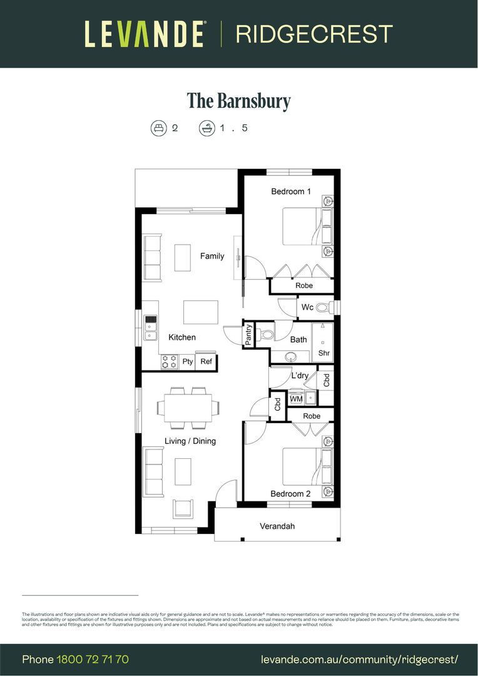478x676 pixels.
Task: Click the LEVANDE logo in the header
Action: pyautogui.click(x=145, y=34)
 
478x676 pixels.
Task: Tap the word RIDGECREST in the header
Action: pyautogui.click(x=314, y=34)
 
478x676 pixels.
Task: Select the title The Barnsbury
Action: pyautogui.click(x=239, y=101)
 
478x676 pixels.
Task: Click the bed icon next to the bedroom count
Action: pyautogui.click(x=159, y=128)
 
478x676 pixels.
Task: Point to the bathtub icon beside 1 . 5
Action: pyautogui.click(x=206, y=128)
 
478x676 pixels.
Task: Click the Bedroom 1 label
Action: pyautogui.click(x=291, y=191)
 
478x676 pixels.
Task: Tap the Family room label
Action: pyautogui.click(x=212, y=256)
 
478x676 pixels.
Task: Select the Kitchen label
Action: pyautogui.click(x=182, y=337)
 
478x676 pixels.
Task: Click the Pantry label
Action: pyautogui.click(x=249, y=335)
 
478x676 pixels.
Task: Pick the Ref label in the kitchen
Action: pyautogui.click(x=206, y=362)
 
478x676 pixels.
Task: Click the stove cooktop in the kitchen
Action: pyautogui.click(x=169, y=361)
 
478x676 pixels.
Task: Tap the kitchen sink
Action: pyautogui.click(x=150, y=327)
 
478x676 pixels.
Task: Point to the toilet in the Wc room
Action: pyautogui.click(x=323, y=307)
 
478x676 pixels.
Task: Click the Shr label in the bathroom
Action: pyautogui.click(x=324, y=353)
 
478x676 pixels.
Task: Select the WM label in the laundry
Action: pyautogui.click(x=296, y=399)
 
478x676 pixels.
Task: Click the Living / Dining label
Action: pyautogui.click(x=190, y=441)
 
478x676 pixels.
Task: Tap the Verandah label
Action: pyautogui.click(x=277, y=526)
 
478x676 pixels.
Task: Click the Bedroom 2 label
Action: pyautogui.click(x=291, y=494)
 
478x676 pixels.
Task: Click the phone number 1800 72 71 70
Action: pyautogui.click(x=93, y=659)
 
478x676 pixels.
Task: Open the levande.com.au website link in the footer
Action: pyautogui.click(x=360, y=659)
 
